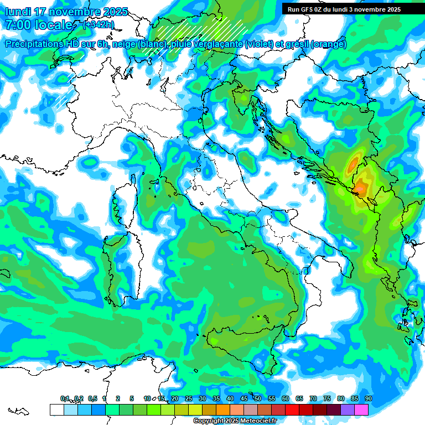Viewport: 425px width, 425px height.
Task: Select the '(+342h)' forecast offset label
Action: pyautogui.click(x=99, y=25)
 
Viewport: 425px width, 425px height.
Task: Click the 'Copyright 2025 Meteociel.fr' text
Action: pyautogui.click(x=235, y=421)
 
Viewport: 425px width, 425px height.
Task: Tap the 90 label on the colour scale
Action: pyautogui.click(x=368, y=398)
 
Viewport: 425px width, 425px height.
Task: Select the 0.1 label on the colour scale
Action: pyautogui.click(x=65, y=398)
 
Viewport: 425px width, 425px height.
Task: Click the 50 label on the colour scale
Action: pyautogui.click(x=258, y=398)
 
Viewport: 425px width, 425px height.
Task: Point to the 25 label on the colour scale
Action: pyautogui.click(x=189, y=398)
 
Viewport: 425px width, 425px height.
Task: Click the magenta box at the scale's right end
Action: pyautogui.click(x=361, y=410)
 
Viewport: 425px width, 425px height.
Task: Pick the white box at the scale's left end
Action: pyautogui.click(x=56, y=410)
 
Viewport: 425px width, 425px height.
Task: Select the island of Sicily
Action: pyautogui.click(x=238, y=346)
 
